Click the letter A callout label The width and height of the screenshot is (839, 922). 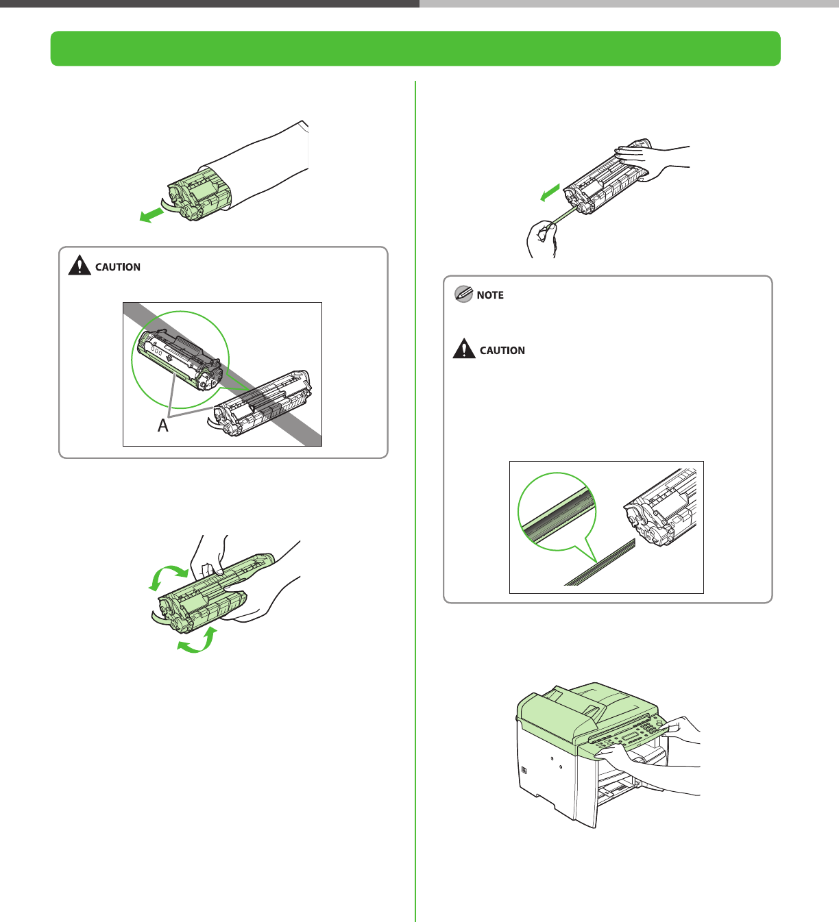(163, 425)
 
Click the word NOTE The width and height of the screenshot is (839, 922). (490, 295)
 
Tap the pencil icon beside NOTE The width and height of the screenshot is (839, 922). (463, 294)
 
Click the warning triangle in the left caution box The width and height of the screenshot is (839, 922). (80, 265)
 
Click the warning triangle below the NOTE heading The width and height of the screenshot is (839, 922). (464, 349)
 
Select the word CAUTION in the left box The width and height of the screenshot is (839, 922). (118, 267)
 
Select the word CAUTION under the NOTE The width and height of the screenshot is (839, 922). (502, 351)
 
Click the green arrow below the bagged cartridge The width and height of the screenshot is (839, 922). (151, 215)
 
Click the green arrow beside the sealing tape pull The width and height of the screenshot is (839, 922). (550, 192)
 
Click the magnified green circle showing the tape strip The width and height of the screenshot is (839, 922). (557, 511)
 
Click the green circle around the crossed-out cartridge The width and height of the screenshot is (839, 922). (180, 360)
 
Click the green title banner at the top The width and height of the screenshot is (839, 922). (415, 48)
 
